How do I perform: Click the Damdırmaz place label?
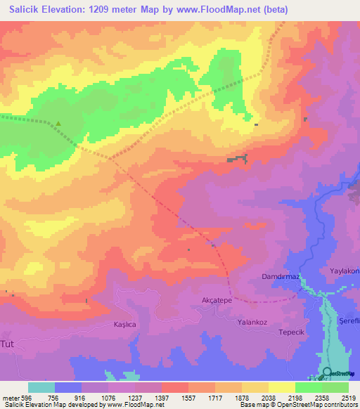281,277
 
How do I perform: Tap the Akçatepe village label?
217,300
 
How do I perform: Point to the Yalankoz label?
254,323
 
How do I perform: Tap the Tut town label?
8,344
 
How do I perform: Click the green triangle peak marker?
58,125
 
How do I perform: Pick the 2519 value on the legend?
349,397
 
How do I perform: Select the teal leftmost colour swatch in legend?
41,387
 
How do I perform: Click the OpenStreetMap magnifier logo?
328,372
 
